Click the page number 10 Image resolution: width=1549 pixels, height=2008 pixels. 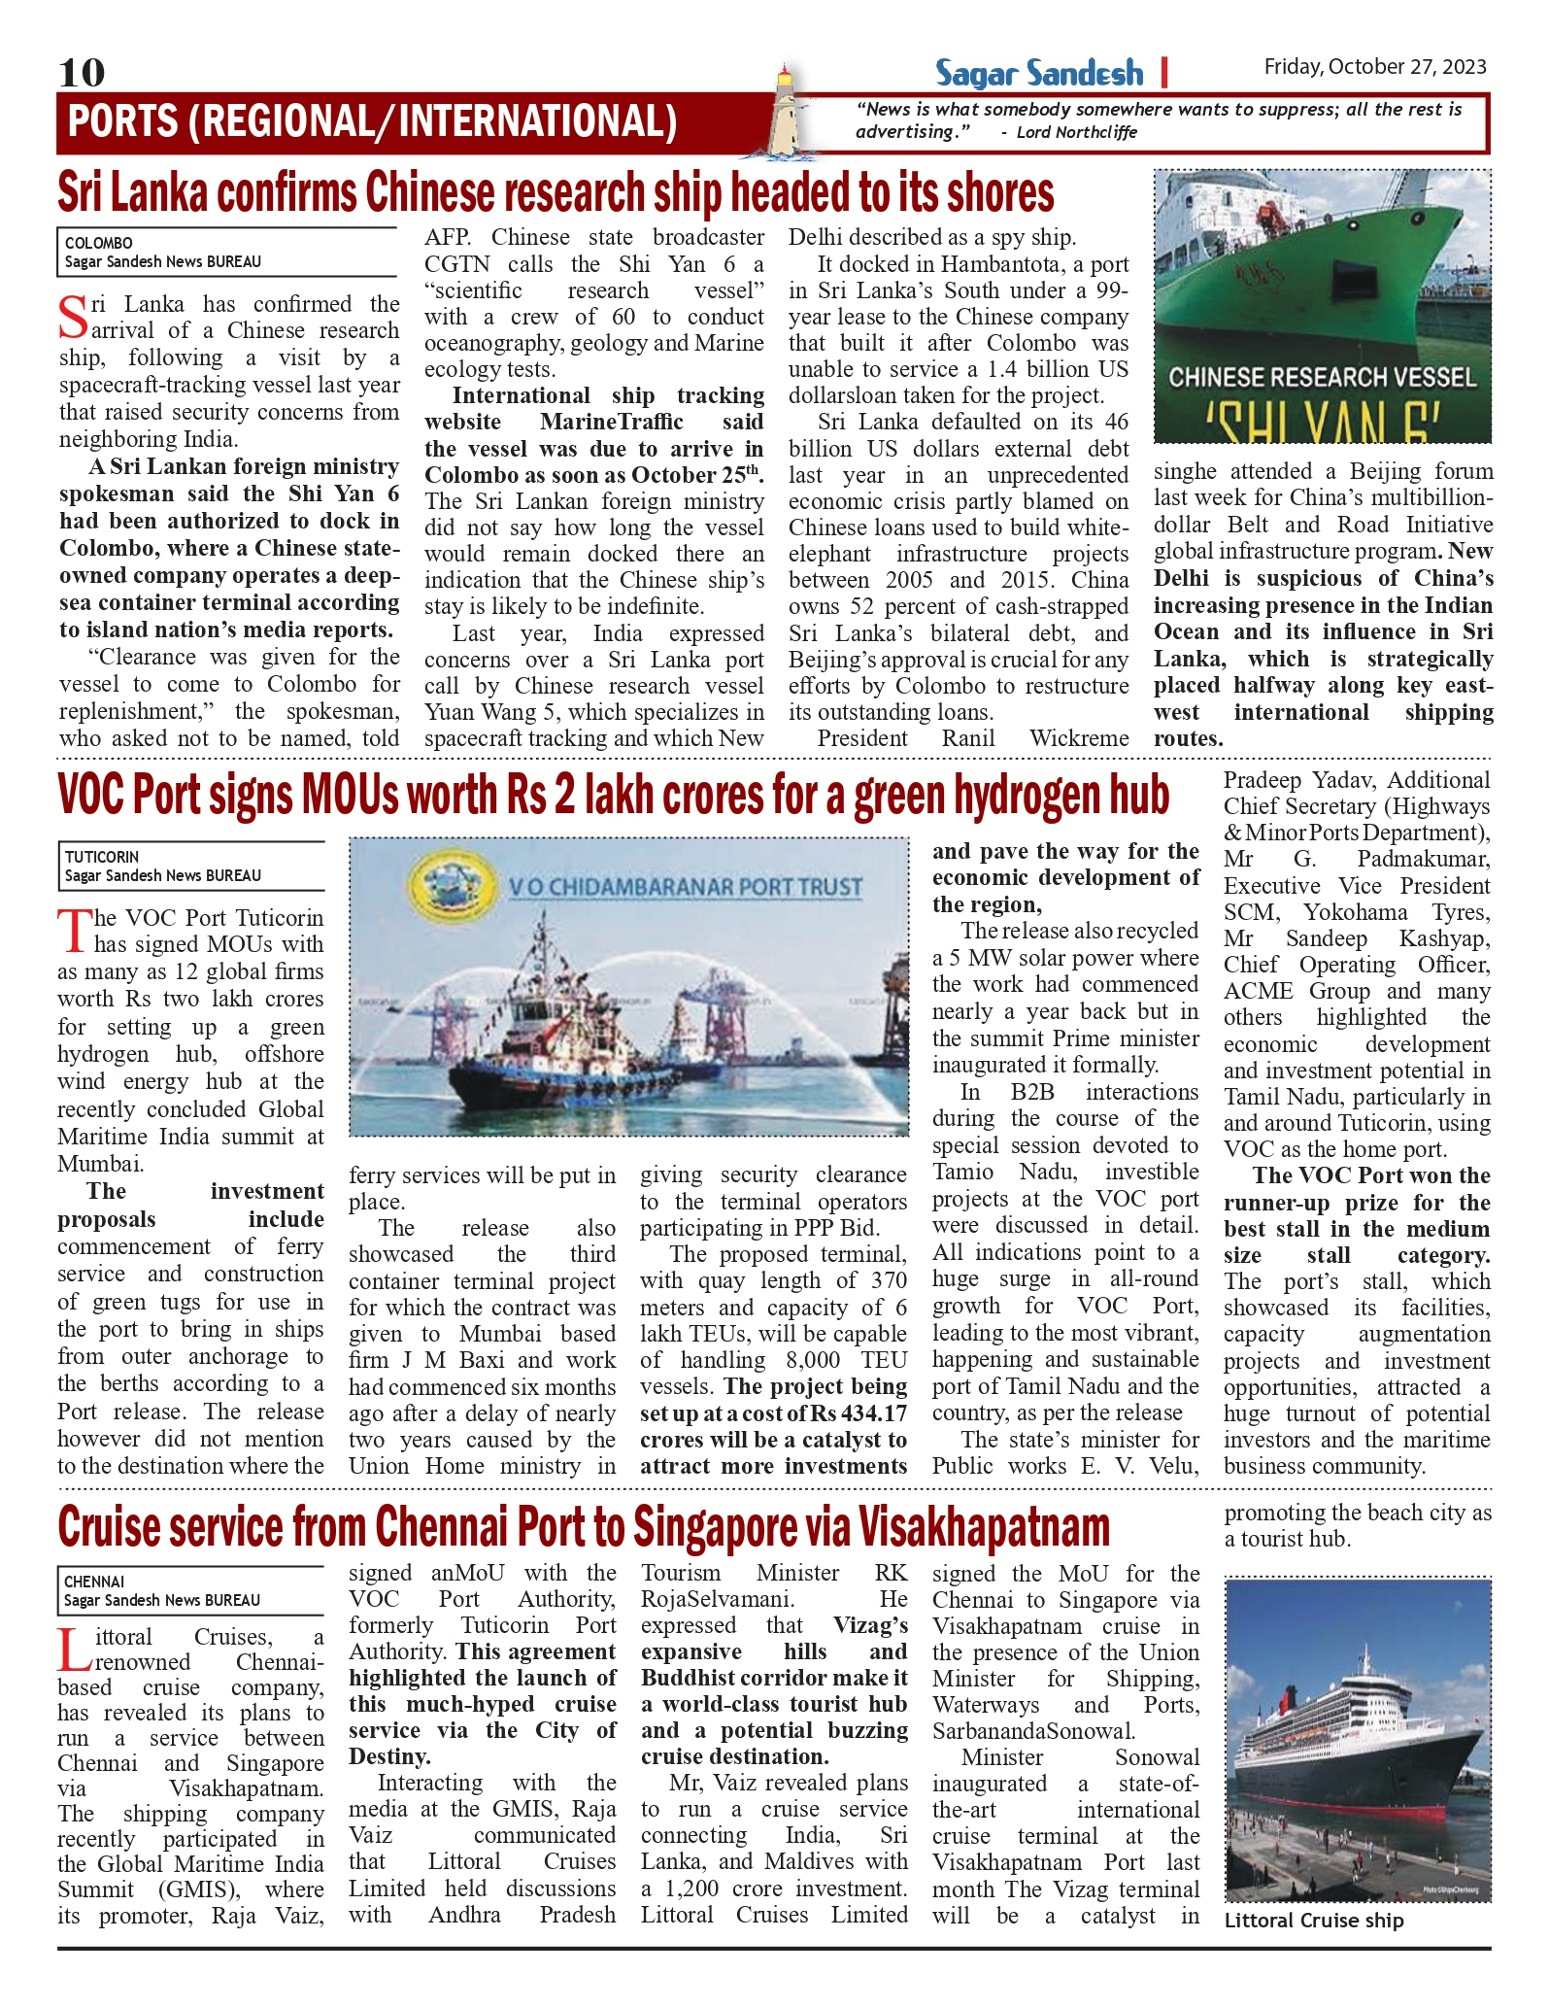pyautogui.click(x=82, y=73)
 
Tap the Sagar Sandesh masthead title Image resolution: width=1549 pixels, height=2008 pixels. pyautogui.click(x=1039, y=73)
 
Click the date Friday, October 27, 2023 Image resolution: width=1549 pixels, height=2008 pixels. pyautogui.click(x=1375, y=67)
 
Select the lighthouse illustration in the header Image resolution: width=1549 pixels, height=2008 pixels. pyautogui.click(x=784, y=112)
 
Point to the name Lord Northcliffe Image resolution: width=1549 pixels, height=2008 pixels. pyautogui.click(x=1076, y=132)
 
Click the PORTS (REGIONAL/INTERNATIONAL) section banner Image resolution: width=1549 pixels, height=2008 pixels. pyautogui.click(x=372, y=122)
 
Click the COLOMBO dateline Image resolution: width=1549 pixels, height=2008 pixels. pyautogui.click(x=99, y=243)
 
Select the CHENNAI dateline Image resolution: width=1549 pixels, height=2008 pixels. pyautogui.click(x=94, y=1582)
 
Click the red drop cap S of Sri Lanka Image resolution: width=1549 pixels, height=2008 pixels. pyautogui.click(x=73, y=316)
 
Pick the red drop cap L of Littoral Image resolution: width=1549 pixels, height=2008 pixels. pyautogui.click(x=75, y=1648)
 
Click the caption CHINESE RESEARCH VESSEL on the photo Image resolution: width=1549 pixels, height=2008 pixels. pyautogui.click(x=1322, y=377)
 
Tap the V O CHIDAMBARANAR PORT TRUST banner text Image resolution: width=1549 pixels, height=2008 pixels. pyautogui.click(x=686, y=887)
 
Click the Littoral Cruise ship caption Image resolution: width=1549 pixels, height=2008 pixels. pyautogui.click(x=1313, y=1921)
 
